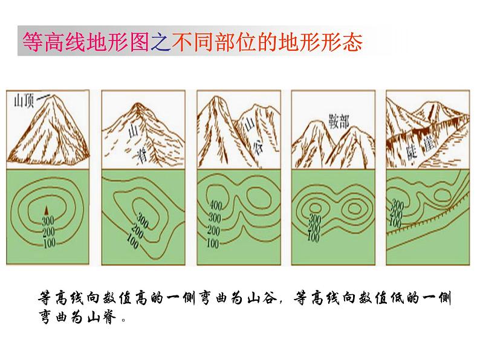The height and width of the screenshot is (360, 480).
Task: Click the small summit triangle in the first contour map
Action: coord(47,210)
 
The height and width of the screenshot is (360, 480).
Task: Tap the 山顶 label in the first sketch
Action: coord(24,101)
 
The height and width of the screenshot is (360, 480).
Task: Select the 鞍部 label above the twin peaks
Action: coord(339,122)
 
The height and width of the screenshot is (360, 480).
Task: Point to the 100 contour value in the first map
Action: coord(50,243)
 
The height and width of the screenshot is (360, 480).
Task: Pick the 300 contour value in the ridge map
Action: coord(143,220)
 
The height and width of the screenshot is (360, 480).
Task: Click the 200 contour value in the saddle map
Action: coord(314,228)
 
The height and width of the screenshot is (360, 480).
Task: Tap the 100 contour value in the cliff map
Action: coord(395,222)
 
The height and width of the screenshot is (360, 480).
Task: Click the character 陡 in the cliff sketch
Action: coord(412,151)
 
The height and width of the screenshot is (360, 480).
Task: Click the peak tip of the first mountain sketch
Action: coord(55,95)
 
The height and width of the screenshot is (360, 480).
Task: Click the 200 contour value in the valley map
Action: coord(214,230)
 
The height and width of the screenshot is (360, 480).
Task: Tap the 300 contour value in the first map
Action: coord(48,220)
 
